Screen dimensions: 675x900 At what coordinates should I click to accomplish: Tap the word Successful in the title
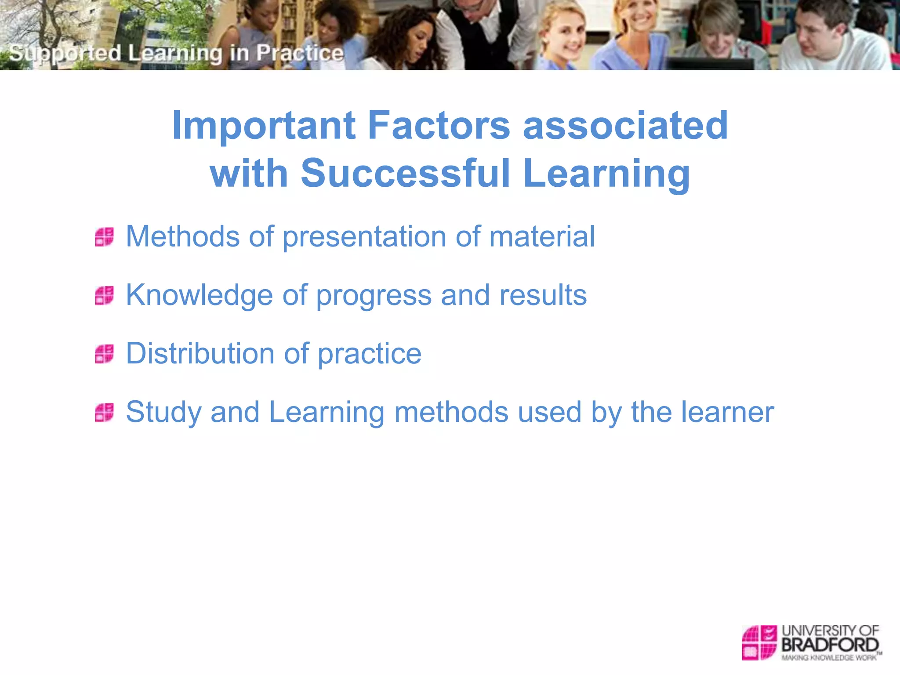(x=405, y=174)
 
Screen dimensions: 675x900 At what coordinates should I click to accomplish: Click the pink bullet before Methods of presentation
(x=105, y=237)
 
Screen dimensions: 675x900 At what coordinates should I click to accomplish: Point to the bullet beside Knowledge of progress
(x=105, y=295)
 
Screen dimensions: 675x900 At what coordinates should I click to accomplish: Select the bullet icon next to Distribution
(x=105, y=354)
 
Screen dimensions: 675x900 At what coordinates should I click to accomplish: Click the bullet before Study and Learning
(x=105, y=412)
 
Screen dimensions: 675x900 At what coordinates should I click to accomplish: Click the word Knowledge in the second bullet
(x=199, y=295)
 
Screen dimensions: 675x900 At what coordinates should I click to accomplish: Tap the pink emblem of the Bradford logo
(x=759, y=642)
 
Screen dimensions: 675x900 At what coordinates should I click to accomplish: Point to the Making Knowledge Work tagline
(x=829, y=658)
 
